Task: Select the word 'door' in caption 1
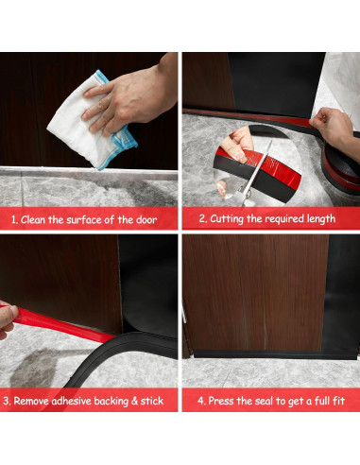tap(146, 219)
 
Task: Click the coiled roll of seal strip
tap(341, 168)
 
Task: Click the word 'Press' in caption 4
tap(221, 401)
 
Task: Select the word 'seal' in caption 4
tap(264, 401)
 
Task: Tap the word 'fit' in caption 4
tap(339, 401)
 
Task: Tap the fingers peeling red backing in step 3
tap(8, 320)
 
